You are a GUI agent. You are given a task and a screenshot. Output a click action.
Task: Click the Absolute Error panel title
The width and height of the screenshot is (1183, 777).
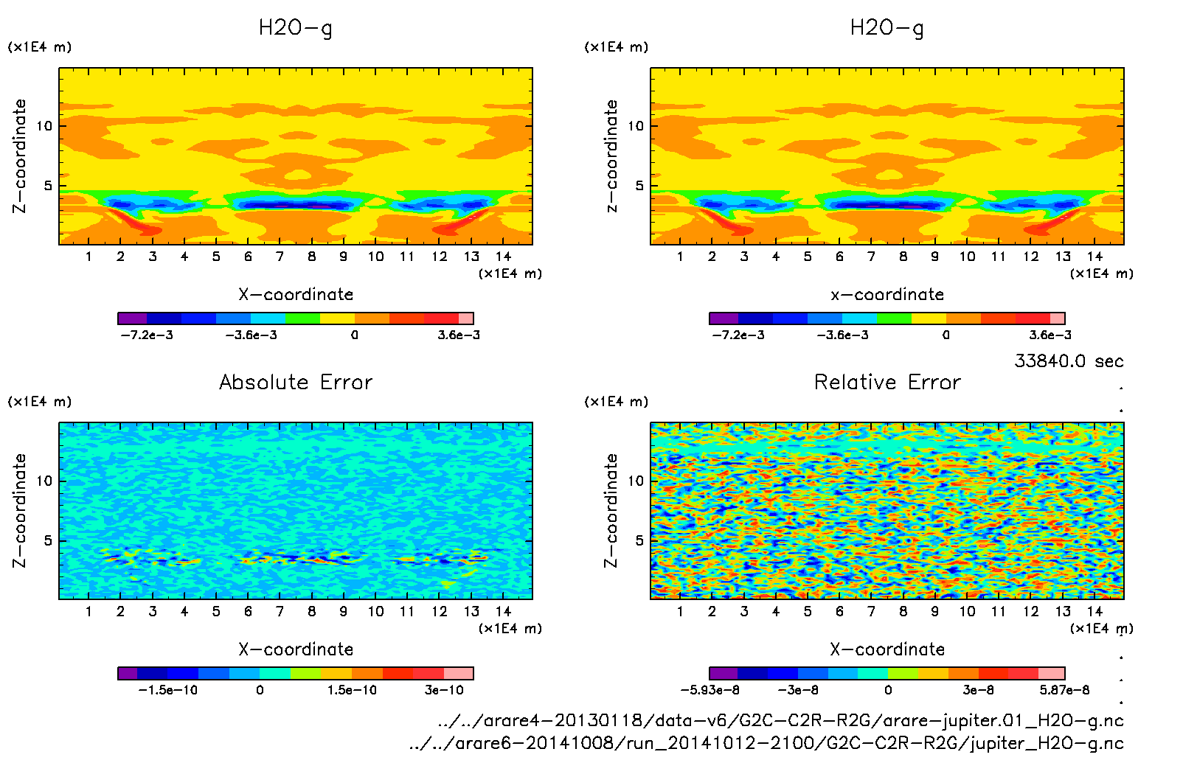tap(296, 382)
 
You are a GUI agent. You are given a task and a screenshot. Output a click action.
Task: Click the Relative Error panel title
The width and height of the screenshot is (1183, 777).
tap(887, 382)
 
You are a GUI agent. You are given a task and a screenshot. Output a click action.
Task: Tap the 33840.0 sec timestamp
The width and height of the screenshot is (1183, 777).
tap(1069, 361)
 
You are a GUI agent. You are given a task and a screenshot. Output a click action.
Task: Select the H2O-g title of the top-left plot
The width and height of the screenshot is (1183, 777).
tap(295, 28)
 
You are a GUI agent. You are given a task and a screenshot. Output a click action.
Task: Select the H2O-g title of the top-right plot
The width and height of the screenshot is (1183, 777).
tap(887, 28)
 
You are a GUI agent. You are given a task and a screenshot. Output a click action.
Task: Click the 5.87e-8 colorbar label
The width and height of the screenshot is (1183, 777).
tap(1064, 690)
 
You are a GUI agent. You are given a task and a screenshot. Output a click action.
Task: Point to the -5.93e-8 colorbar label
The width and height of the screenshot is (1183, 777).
tap(710, 690)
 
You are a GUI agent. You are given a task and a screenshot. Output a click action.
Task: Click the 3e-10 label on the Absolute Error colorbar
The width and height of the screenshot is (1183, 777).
tap(444, 690)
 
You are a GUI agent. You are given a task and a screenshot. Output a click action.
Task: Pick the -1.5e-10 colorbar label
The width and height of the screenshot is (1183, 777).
tap(167, 690)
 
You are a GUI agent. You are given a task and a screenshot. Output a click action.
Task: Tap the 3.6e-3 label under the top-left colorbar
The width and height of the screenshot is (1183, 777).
tap(458, 335)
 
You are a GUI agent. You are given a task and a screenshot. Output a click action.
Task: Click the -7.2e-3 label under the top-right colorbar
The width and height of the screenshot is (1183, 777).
tap(738, 335)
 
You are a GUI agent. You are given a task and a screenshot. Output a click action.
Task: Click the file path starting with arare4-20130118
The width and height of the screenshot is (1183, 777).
tap(780, 720)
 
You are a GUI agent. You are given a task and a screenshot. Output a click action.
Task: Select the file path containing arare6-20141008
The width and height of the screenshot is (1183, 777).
tap(766, 743)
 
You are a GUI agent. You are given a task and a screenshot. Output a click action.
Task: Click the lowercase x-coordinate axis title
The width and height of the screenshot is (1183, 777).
tap(887, 294)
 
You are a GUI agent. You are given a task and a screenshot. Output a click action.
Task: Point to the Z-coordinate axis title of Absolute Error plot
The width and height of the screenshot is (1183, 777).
tap(20, 510)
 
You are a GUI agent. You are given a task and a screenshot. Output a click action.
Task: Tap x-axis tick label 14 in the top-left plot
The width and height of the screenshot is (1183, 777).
tap(503, 257)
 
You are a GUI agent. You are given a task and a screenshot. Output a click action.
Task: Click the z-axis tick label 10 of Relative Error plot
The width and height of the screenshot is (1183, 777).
tap(636, 481)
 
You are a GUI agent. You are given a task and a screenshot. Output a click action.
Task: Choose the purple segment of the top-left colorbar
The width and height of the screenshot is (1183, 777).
tap(132, 318)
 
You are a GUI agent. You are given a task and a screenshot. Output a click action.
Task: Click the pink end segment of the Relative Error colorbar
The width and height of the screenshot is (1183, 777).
tap(1051, 673)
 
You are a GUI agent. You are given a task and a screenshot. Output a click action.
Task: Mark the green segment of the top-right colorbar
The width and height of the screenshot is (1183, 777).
tap(894, 318)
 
